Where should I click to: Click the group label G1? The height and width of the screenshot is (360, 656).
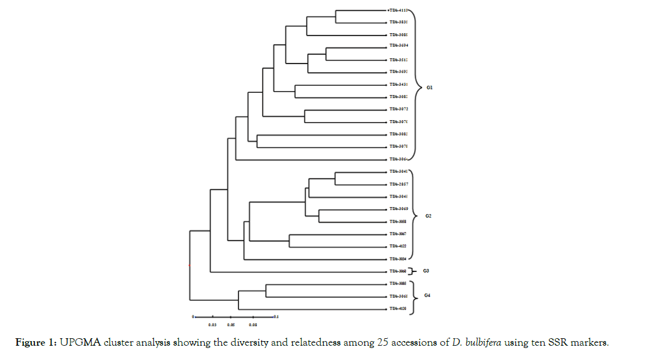click(430, 88)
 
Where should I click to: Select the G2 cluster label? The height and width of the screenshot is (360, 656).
click(428, 216)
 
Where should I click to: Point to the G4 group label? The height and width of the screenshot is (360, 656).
click(428, 295)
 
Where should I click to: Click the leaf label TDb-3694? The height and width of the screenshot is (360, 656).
click(398, 45)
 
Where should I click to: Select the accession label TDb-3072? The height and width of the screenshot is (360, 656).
click(398, 109)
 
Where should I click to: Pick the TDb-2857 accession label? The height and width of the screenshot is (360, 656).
click(398, 184)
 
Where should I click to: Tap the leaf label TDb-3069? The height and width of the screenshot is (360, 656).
click(398, 209)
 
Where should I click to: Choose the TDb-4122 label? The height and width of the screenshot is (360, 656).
click(397, 246)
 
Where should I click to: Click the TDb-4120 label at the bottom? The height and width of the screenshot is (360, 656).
click(397, 308)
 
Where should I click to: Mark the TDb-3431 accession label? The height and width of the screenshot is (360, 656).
click(398, 84)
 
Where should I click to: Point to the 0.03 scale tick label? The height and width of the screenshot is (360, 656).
click(212, 325)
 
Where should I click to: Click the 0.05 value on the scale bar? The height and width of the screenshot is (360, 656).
click(230, 325)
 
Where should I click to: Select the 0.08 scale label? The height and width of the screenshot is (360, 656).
click(252, 325)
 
